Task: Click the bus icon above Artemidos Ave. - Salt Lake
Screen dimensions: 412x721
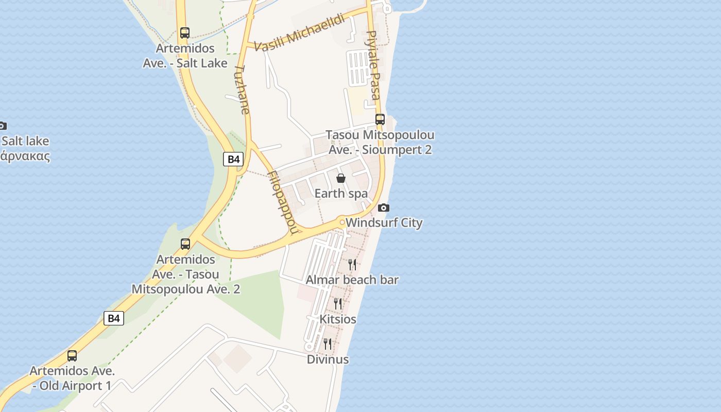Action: [x=185, y=33]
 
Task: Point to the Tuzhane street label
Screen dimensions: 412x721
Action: [x=242, y=90]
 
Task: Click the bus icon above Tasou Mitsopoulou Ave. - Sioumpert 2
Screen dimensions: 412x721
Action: [x=380, y=119]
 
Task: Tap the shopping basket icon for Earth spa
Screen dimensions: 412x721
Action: [x=340, y=179]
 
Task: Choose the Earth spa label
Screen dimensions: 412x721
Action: [x=341, y=194]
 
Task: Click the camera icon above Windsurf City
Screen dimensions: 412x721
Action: [x=384, y=208]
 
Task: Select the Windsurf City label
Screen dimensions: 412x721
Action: [x=384, y=223]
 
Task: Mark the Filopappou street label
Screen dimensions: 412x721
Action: [x=282, y=201]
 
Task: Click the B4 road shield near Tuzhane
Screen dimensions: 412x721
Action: [x=234, y=159]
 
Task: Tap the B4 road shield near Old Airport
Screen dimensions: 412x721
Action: [x=114, y=318]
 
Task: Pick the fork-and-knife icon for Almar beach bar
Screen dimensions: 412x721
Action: [x=352, y=265]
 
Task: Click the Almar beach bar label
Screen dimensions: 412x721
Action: [x=352, y=280]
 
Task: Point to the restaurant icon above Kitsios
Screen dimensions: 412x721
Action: [x=338, y=304]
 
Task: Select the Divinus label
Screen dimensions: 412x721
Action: [x=328, y=359]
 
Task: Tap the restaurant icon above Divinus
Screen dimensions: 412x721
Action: [x=328, y=344]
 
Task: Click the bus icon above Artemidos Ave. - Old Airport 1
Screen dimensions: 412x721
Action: [x=72, y=356]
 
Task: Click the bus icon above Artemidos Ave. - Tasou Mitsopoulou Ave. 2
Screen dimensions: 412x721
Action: [x=185, y=244]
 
